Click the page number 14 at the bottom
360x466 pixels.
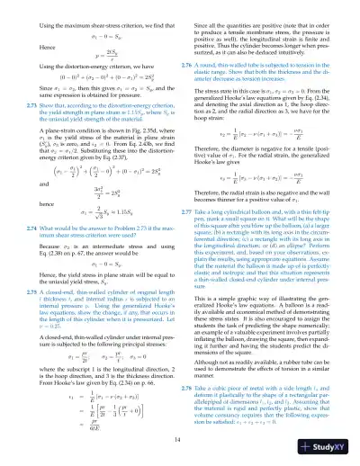[181, 438]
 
